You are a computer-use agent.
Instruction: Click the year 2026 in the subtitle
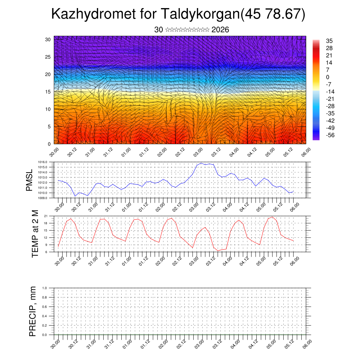220,30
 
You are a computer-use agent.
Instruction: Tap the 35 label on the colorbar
329,41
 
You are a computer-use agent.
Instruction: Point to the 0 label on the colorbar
328,77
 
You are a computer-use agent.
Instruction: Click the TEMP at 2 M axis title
35,233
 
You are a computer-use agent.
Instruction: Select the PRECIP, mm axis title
33,311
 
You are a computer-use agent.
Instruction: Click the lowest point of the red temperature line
218,251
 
